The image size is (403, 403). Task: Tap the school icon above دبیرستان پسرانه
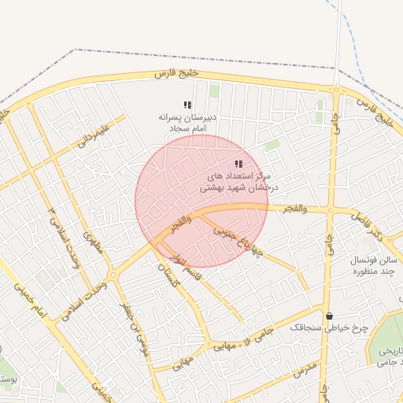click(187, 105)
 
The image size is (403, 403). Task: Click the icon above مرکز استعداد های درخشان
click(238, 164)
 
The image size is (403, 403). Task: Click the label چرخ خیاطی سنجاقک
click(318, 327)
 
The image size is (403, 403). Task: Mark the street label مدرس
click(305, 370)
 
